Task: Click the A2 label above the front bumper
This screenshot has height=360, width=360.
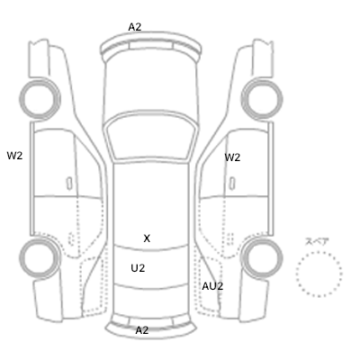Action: (135, 27)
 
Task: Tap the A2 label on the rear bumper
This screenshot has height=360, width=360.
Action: (142, 330)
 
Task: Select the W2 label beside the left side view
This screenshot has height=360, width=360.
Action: (14, 156)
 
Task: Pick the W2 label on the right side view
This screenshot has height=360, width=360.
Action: (232, 157)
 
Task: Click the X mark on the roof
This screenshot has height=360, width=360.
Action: (147, 238)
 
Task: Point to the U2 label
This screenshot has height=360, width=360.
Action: (138, 268)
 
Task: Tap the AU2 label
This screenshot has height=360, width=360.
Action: (212, 286)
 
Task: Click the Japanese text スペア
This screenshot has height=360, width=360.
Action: (317, 241)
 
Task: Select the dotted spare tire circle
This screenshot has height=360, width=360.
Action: (319, 252)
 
